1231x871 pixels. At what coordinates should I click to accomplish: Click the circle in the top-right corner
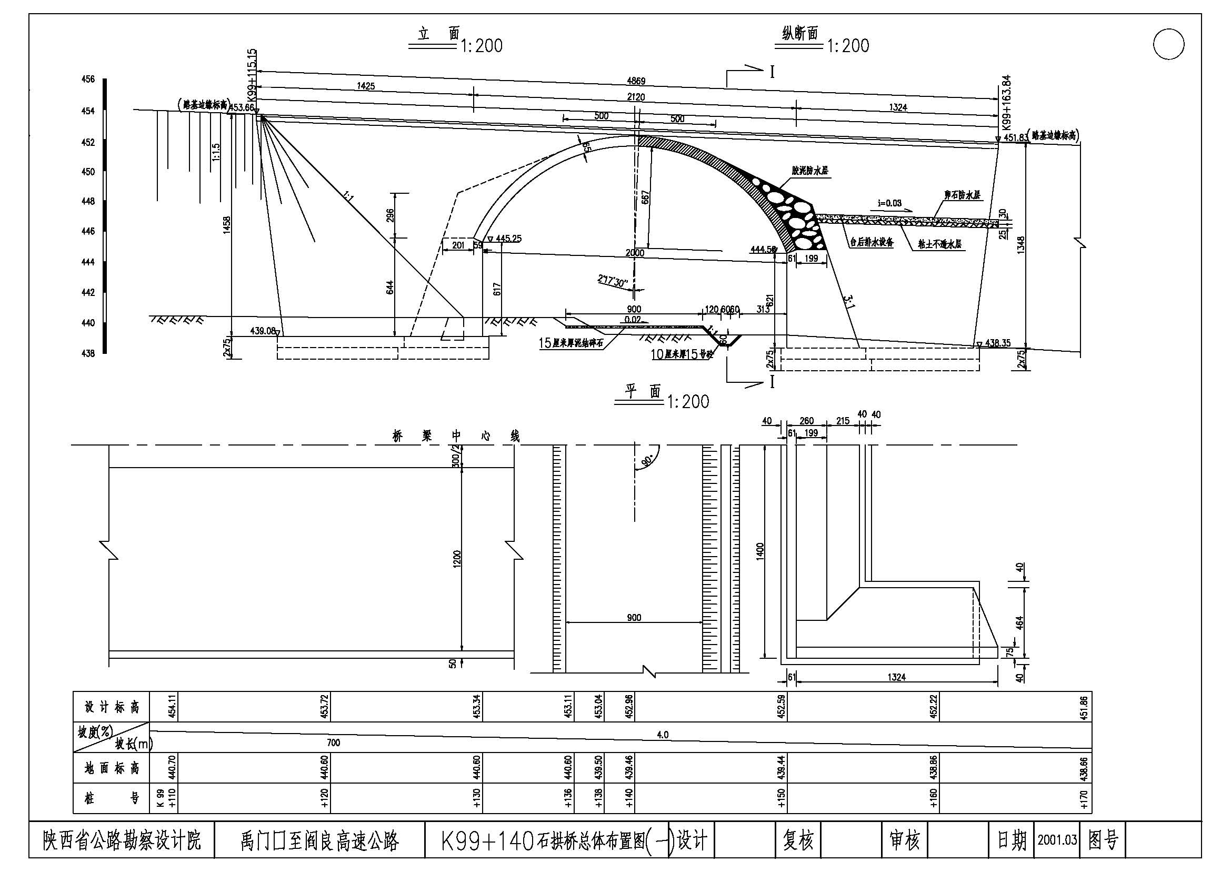pyautogui.click(x=1168, y=44)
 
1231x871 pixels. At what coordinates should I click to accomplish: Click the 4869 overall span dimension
pyautogui.click(x=636, y=82)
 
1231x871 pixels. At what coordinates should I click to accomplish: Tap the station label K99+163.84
pyautogui.click(x=1006, y=103)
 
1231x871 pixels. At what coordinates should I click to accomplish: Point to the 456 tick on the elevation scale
pyautogui.click(x=88, y=80)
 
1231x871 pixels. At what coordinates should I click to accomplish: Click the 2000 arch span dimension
pyautogui.click(x=635, y=253)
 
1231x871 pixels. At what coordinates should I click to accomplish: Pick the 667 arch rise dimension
pyautogui.click(x=646, y=197)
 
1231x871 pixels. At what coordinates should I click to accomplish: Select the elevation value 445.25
pyautogui.click(x=508, y=238)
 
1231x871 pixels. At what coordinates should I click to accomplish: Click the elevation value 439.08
pyautogui.click(x=263, y=331)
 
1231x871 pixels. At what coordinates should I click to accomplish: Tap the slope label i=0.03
pyautogui.click(x=889, y=203)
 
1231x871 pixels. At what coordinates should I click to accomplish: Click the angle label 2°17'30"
pyautogui.click(x=613, y=281)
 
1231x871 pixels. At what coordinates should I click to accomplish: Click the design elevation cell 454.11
pyautogui.click(x=172, y=706)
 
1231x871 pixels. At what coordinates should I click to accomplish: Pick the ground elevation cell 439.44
pyautogui.click(x=781, y=767)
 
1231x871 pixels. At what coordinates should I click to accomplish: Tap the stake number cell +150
pyautogui.click(x=781, y=799)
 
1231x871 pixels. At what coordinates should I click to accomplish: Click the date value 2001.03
pyautogui.click(x=1057, y=839)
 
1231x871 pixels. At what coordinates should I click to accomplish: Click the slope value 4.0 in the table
pyautogui.click(x=663, y=735)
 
